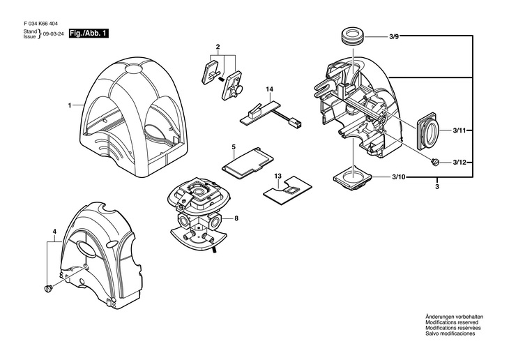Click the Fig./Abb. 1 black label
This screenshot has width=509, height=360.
point(89,33)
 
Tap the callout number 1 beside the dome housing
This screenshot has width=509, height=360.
point(70,105)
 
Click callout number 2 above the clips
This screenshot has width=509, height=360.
point(218,47)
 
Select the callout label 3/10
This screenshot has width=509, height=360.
point(395,178)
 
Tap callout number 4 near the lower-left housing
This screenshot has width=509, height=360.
point(54,231)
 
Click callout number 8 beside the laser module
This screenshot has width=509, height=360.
point(236,218)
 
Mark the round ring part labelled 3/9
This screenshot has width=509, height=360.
point(350,36)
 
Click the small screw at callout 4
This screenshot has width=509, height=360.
point(49,288)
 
